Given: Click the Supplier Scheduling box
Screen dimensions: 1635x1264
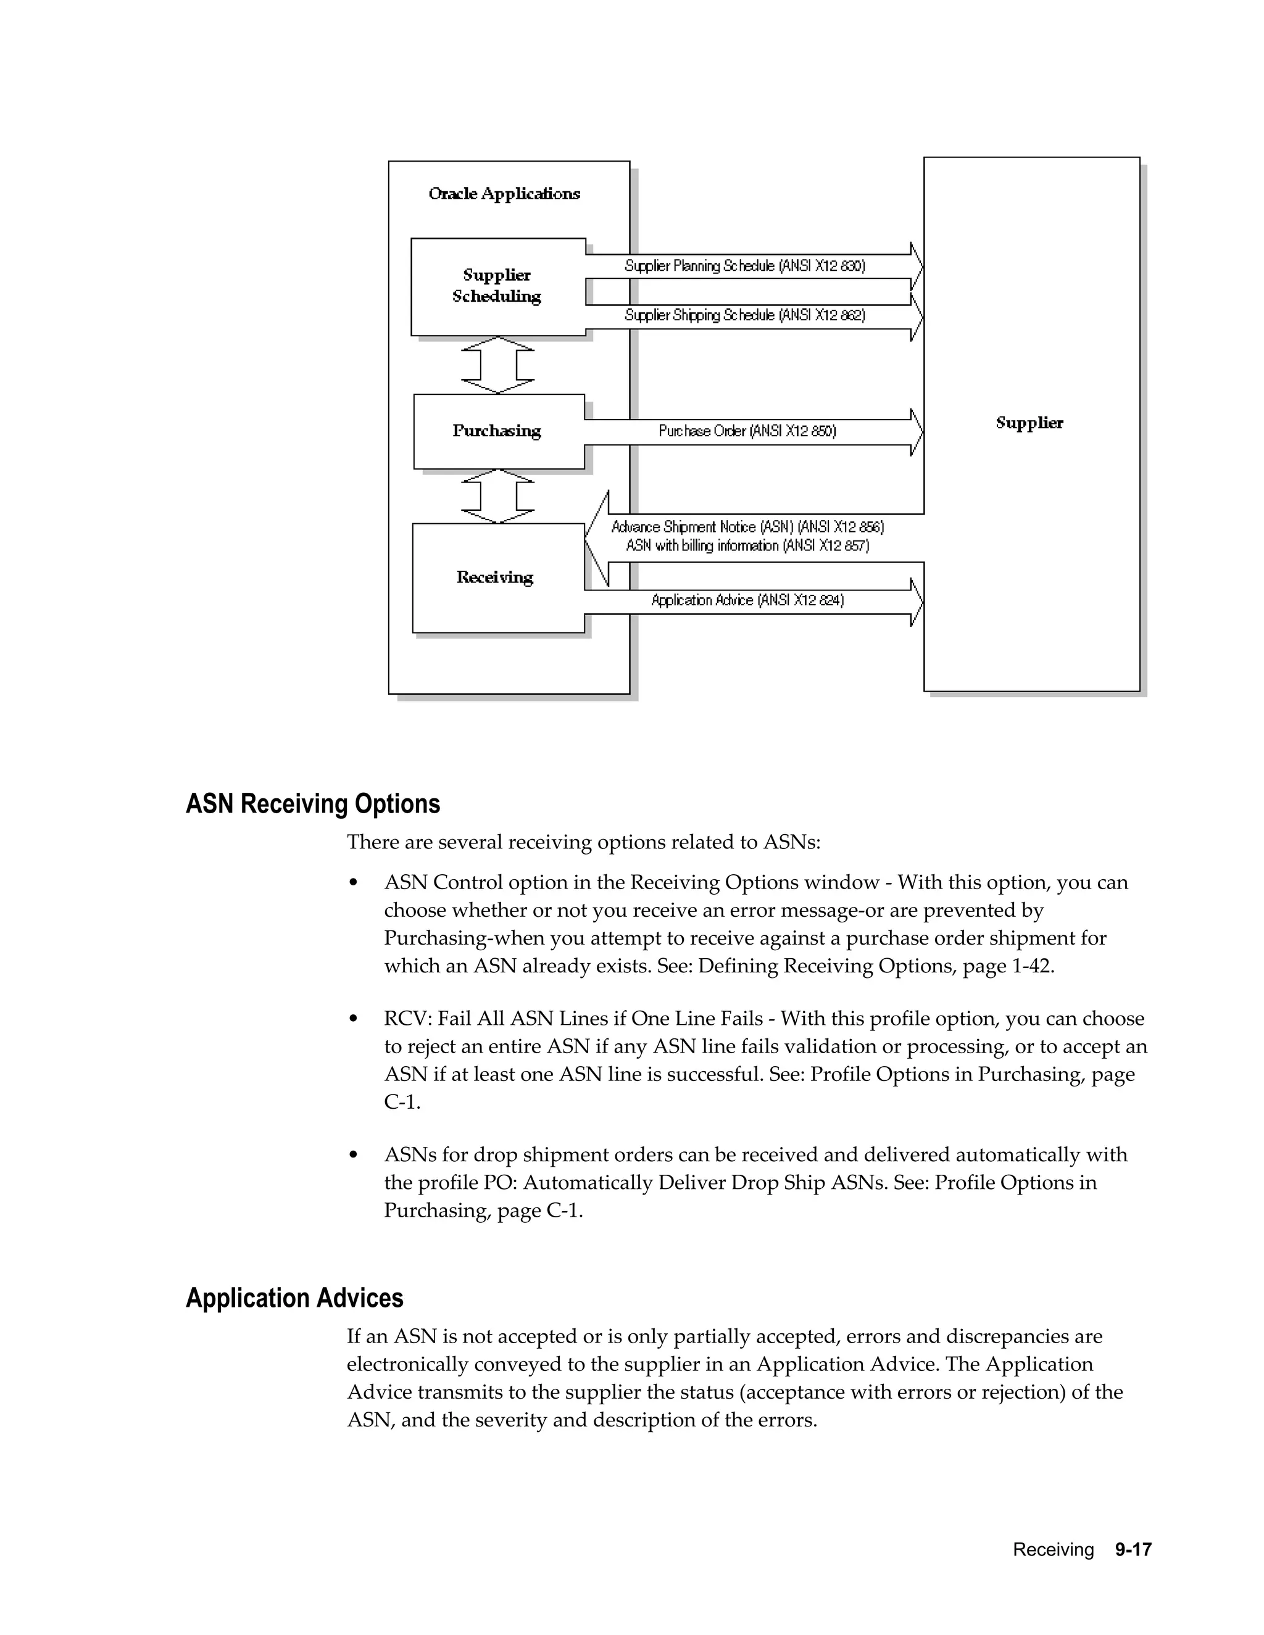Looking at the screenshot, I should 498,286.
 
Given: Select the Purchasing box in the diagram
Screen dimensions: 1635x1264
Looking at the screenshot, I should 498,431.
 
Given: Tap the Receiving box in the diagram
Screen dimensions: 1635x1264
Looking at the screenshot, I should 497,577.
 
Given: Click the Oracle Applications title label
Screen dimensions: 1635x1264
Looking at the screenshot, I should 504,194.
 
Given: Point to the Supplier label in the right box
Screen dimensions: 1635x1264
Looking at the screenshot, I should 1029,423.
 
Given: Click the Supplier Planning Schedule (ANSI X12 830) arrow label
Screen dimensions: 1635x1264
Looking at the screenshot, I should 745,266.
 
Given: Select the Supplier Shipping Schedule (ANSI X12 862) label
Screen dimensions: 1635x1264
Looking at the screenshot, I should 745,315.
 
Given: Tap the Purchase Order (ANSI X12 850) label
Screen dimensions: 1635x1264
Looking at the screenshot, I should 747,431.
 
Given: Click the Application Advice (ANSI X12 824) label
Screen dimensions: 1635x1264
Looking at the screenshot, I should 747,600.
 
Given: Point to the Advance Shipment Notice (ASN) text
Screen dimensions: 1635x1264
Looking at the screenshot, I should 747,527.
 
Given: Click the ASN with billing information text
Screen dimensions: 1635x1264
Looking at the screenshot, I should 747,546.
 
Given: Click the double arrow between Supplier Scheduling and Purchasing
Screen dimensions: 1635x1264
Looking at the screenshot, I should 498,365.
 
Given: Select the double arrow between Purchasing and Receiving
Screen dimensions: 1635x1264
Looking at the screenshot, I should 498,495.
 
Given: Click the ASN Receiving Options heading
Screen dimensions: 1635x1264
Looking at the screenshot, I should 313,804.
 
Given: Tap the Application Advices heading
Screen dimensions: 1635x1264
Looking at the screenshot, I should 294,1298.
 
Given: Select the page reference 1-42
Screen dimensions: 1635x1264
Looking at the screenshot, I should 1032,966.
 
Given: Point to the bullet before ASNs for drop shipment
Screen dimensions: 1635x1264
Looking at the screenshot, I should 354,1156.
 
